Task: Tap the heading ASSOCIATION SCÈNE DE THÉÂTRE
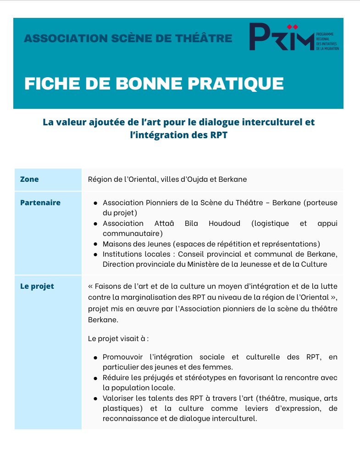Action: tap(128, 38)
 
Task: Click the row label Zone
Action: tap(29, 180)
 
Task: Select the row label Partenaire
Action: tap(40, 202)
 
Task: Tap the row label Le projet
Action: tap(37, 286)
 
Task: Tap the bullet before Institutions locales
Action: tap(95, 255)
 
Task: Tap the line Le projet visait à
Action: tap(118, 339)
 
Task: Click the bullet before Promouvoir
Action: tap(95, 358)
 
